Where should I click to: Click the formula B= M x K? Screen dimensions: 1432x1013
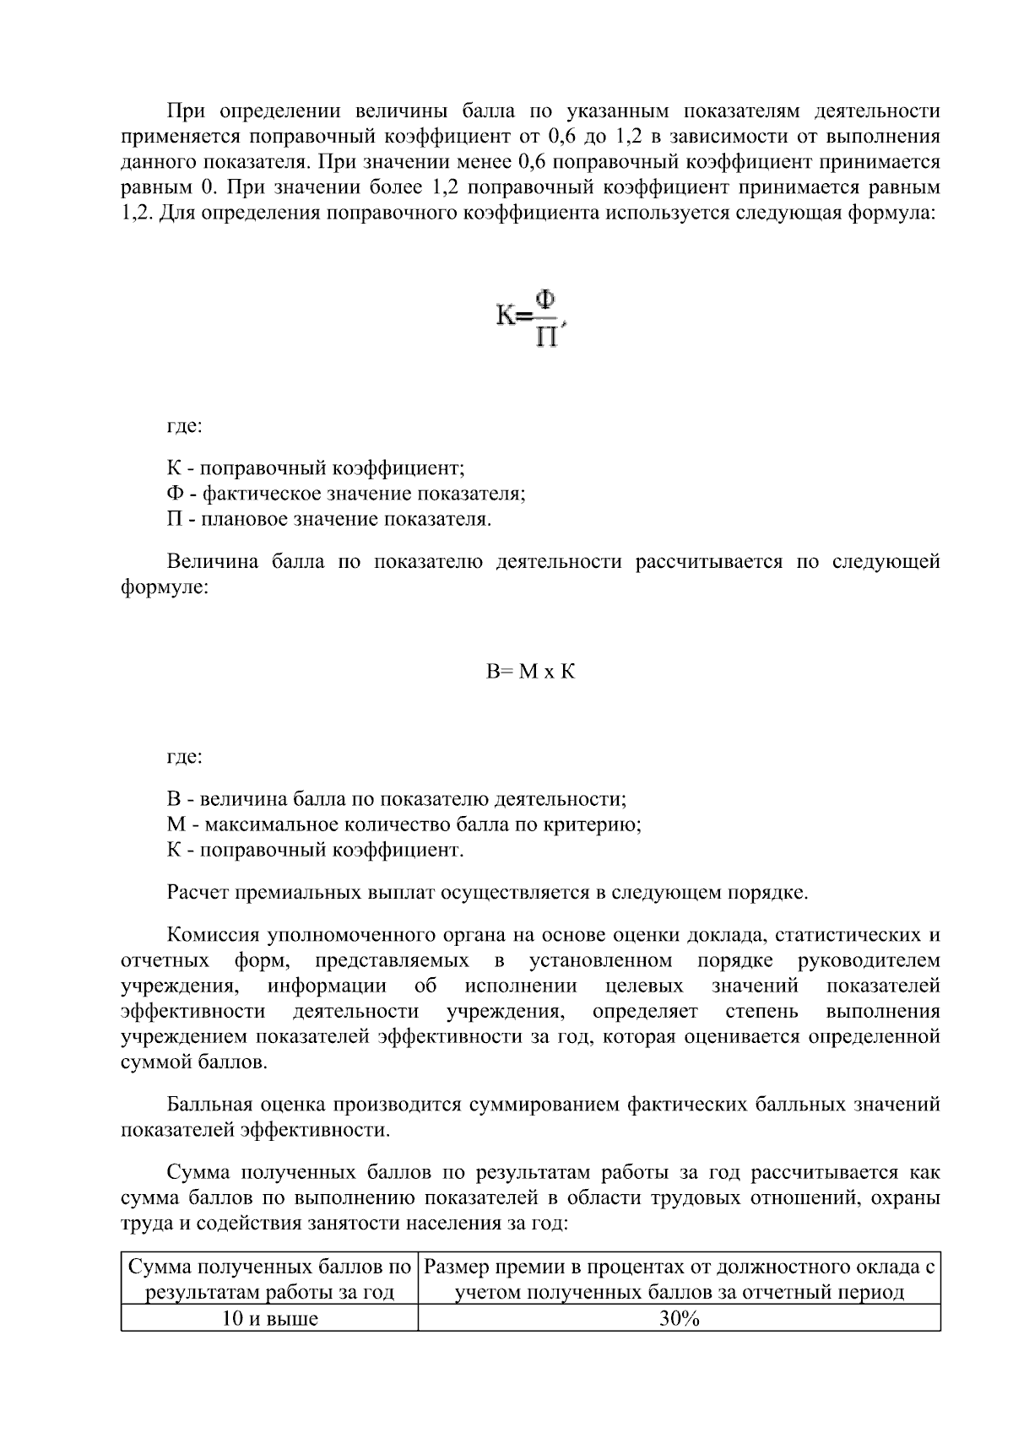pos(530,672)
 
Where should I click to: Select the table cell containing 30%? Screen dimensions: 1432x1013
pos(679,1320)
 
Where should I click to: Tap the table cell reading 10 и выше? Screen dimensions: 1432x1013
pos(269,1320)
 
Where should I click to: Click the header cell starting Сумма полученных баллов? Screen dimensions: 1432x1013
pos(269,1279)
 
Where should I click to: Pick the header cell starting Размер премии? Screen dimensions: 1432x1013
pos(679,1279)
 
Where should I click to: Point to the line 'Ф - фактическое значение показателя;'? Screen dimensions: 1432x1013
pos(346,494)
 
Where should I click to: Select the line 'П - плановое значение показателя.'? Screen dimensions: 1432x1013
pos(329,519)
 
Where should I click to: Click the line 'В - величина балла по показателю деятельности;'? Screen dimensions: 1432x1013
pos(397,799)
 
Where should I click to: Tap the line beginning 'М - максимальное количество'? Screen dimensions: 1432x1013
pos(404,824)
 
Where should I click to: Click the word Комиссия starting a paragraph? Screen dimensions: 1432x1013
pos(213,935)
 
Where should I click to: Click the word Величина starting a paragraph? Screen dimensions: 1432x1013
pos(213,562)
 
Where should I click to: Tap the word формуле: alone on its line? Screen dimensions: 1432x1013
pos(165,587)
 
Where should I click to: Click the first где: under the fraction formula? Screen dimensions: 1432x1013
pos(184,426)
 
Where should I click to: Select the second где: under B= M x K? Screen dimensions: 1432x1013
pos(184,757)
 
